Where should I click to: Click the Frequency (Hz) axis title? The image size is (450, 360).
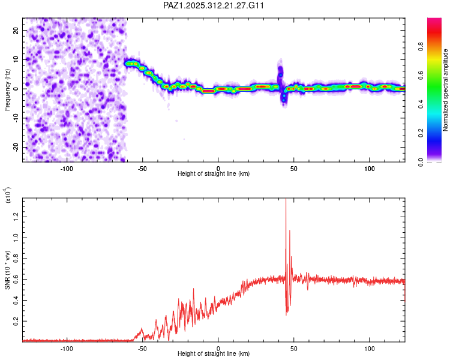(7, 89)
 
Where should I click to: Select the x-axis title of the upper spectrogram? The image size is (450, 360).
(214, 173)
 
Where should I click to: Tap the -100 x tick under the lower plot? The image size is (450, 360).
(67, 348)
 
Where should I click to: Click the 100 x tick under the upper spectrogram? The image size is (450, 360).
(370, 167)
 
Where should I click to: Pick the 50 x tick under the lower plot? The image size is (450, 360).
(294, 348)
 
